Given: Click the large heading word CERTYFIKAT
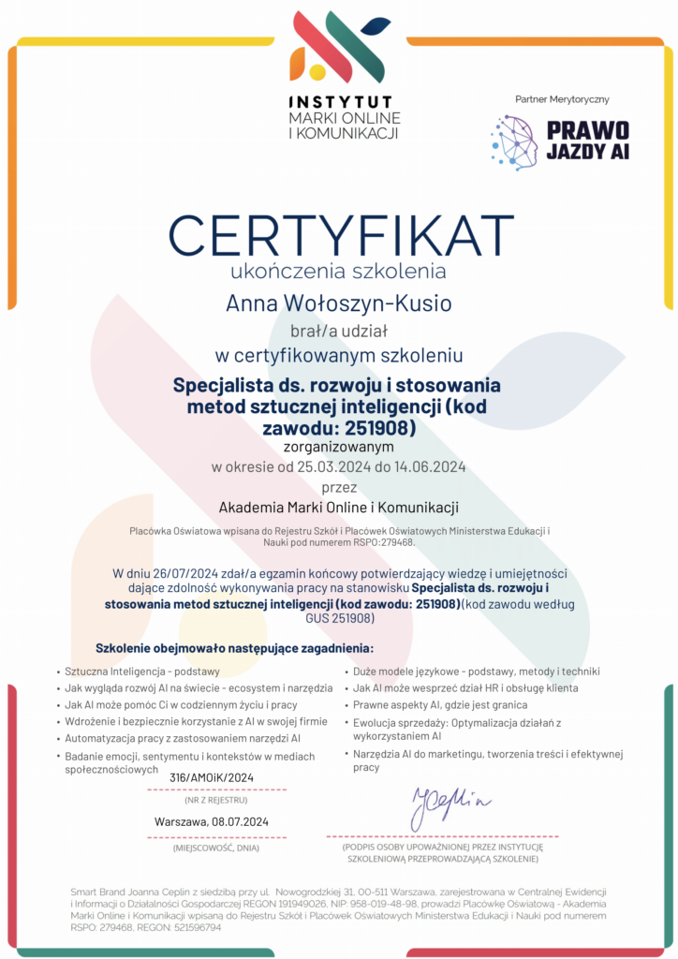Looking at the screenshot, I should pos(338,232).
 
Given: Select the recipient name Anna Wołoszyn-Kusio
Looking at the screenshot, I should pos(338,303).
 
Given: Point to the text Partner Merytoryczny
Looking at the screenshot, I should pos(562,99).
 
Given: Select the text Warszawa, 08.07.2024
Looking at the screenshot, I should pos(212,822).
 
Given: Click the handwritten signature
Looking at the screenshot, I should pos(450,800).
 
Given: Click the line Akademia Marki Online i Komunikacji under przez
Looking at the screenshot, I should pos(338,508).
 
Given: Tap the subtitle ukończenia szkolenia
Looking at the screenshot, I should pos(338,272).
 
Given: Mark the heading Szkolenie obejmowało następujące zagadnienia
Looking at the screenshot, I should pos(234,648).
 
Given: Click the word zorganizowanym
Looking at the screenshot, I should pos(338,447).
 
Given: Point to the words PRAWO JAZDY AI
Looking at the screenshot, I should pos(588,140).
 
